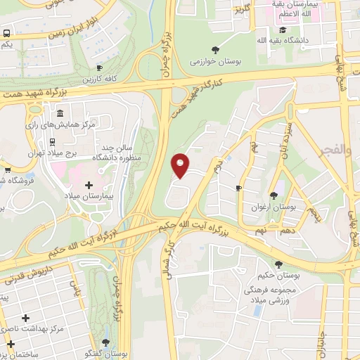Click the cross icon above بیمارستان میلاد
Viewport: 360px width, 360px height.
click(x=89, y=185)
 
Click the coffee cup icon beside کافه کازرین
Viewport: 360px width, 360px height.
click(x=100, y=68)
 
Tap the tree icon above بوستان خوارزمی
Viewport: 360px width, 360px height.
click(x=215, y=49)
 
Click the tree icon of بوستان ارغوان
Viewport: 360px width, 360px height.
click(x=274, y=195)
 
